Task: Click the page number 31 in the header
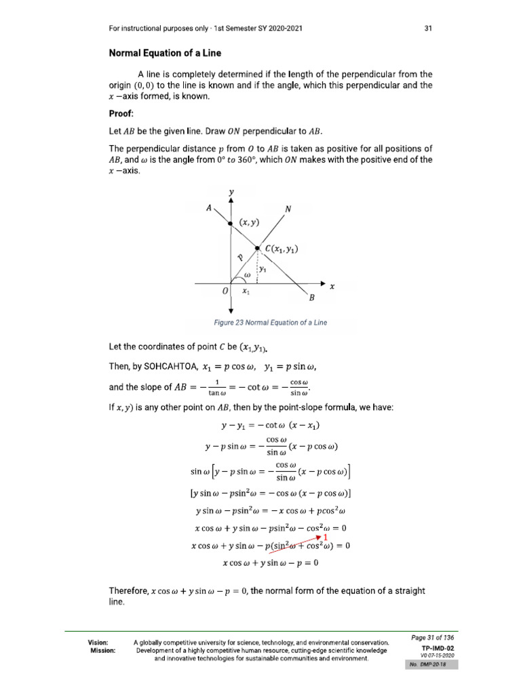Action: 428,28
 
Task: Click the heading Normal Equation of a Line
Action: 165,53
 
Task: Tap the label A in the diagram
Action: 208,209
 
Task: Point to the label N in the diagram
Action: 288,209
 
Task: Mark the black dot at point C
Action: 257,249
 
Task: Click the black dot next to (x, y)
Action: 231,222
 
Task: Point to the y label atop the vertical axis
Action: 231,192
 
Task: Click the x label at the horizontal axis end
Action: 332,287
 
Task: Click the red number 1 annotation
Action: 326,537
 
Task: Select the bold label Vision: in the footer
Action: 99,641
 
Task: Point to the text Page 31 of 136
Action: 433,638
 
